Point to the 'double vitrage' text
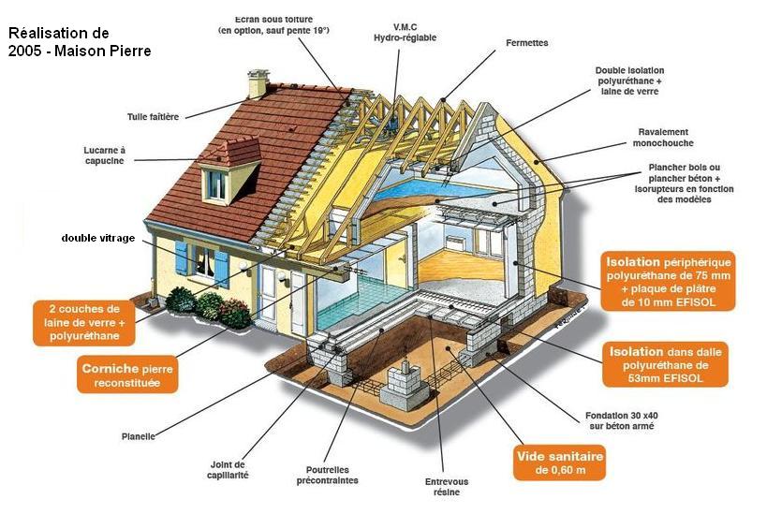click(98, 238)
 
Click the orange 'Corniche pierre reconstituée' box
click(126, 375)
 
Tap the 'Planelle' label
click(139, 436)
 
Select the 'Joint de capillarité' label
click(229, 469)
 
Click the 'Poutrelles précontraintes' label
click(332, 475)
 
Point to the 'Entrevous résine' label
click(447, 487)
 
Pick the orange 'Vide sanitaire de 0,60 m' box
click(560, 462)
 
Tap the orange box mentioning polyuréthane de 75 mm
click(669, 280)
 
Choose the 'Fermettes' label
click(526, 42)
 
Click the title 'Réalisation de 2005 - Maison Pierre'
click(80, 42)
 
